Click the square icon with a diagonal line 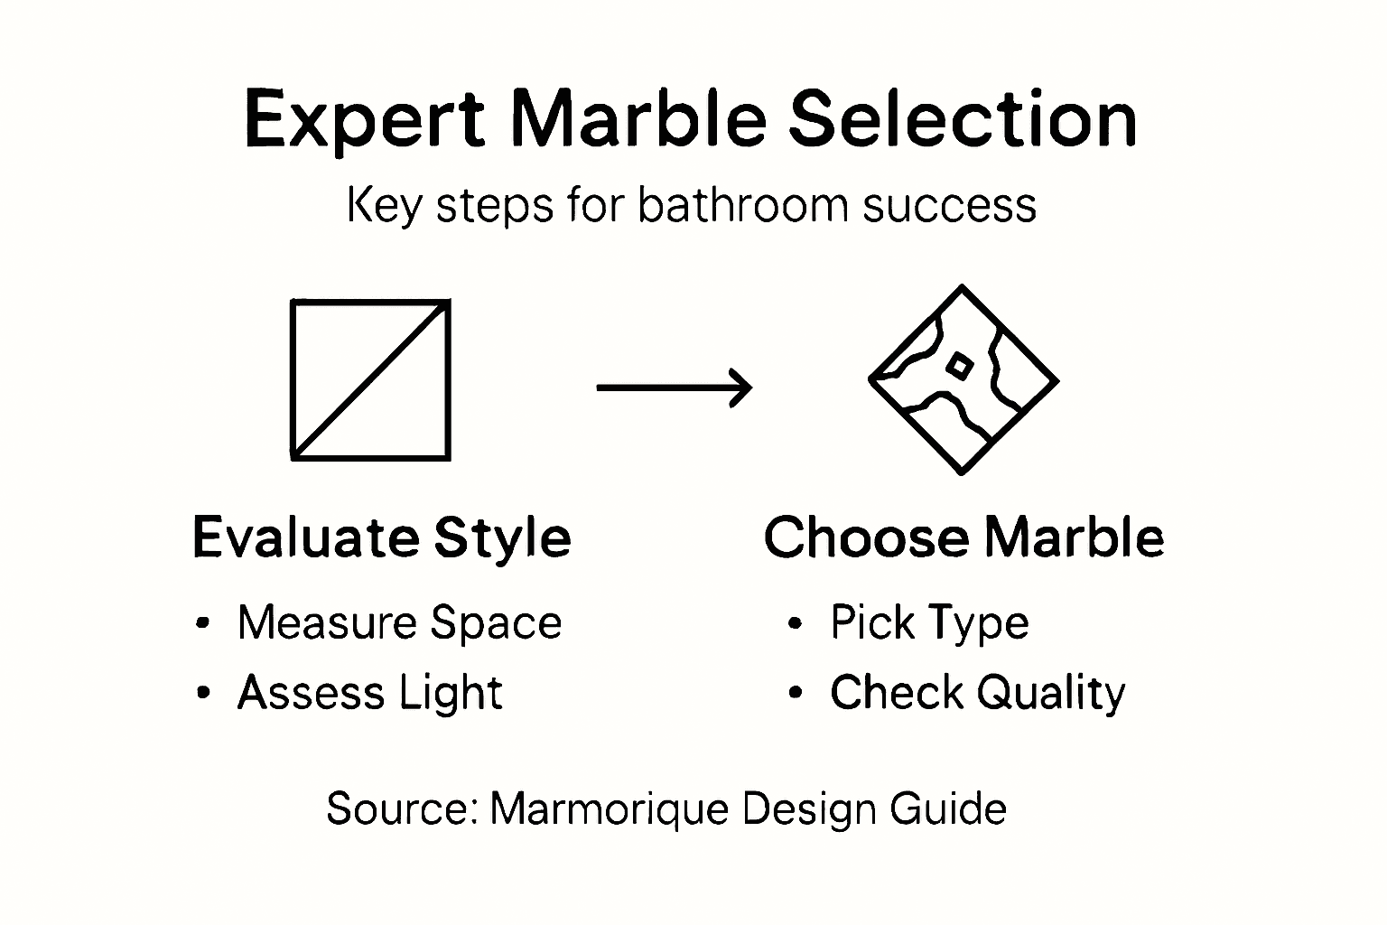tap(370, 380)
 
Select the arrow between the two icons tap(674, 388)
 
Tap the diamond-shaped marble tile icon tap(963, 380)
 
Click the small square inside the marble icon tap(958, 365)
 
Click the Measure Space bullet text tap(399, 622)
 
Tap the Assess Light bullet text tap(369, 693)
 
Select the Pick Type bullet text tap(929, 622)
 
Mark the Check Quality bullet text tap(977, 693)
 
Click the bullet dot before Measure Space tap(203, 622)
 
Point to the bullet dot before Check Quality tap(795, 693)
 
